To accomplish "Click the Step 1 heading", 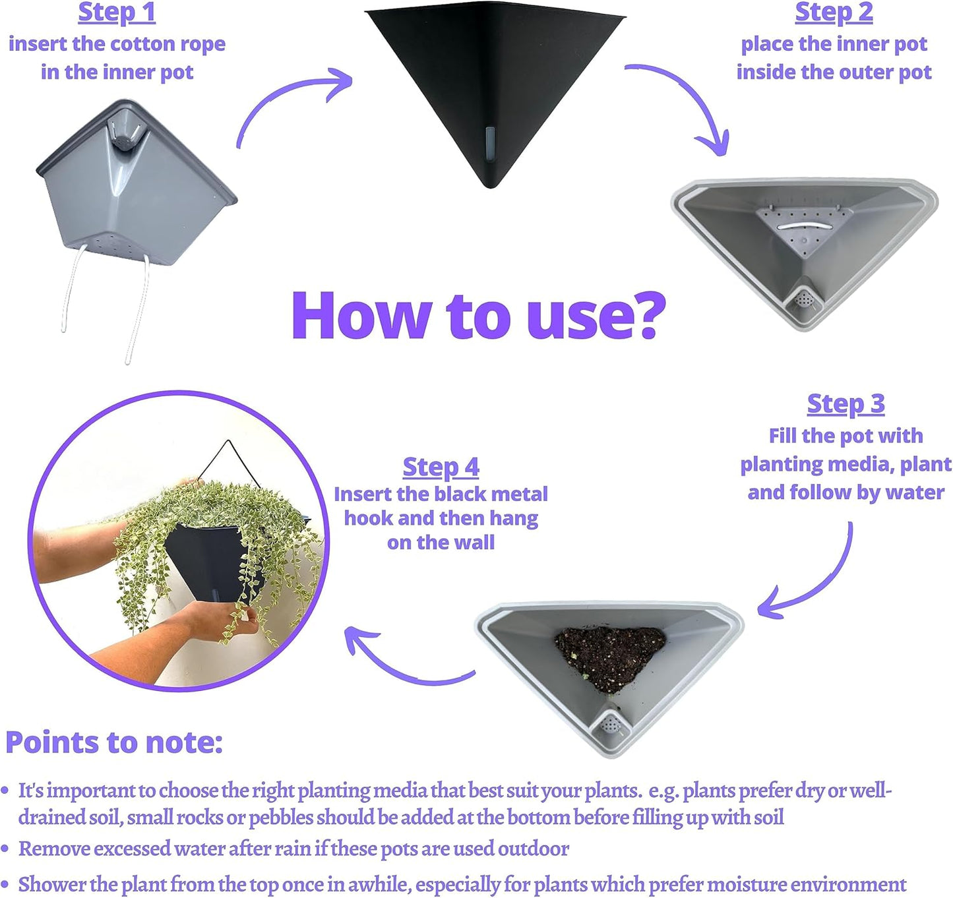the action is (x=117, y=13).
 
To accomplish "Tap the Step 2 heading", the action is (x=834, y=13).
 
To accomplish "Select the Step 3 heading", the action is (x=846, y=404).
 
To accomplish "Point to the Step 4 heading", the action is (x=441, y=467).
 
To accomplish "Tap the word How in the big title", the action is (x=361, y=315).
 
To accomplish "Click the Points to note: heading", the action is (x=114, y=742).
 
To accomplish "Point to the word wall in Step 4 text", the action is (x=474, y=543).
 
